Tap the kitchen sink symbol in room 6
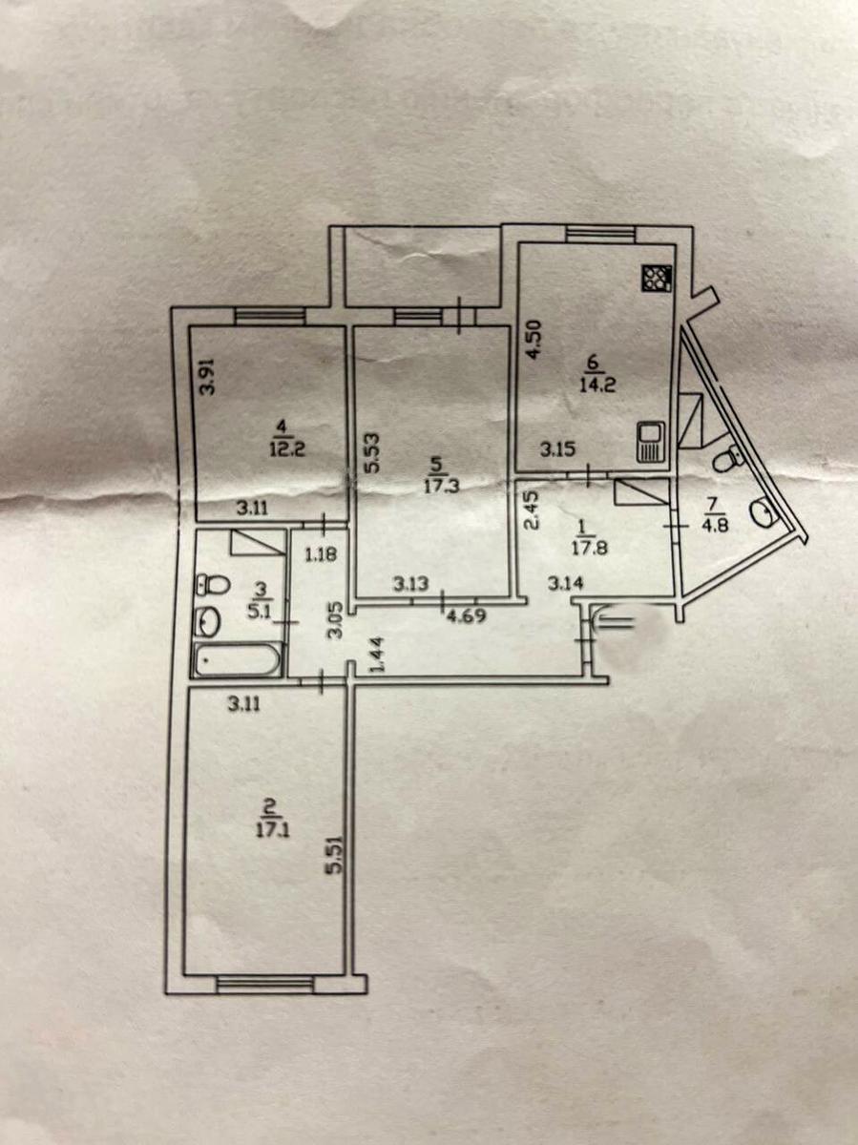pos(650,442)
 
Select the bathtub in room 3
pos(238,659)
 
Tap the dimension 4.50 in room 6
pos(534,340)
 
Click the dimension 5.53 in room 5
pos(372,452)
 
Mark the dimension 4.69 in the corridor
pos(467,616)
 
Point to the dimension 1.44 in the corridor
pos(377,656)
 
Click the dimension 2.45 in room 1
pos(532,512)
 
